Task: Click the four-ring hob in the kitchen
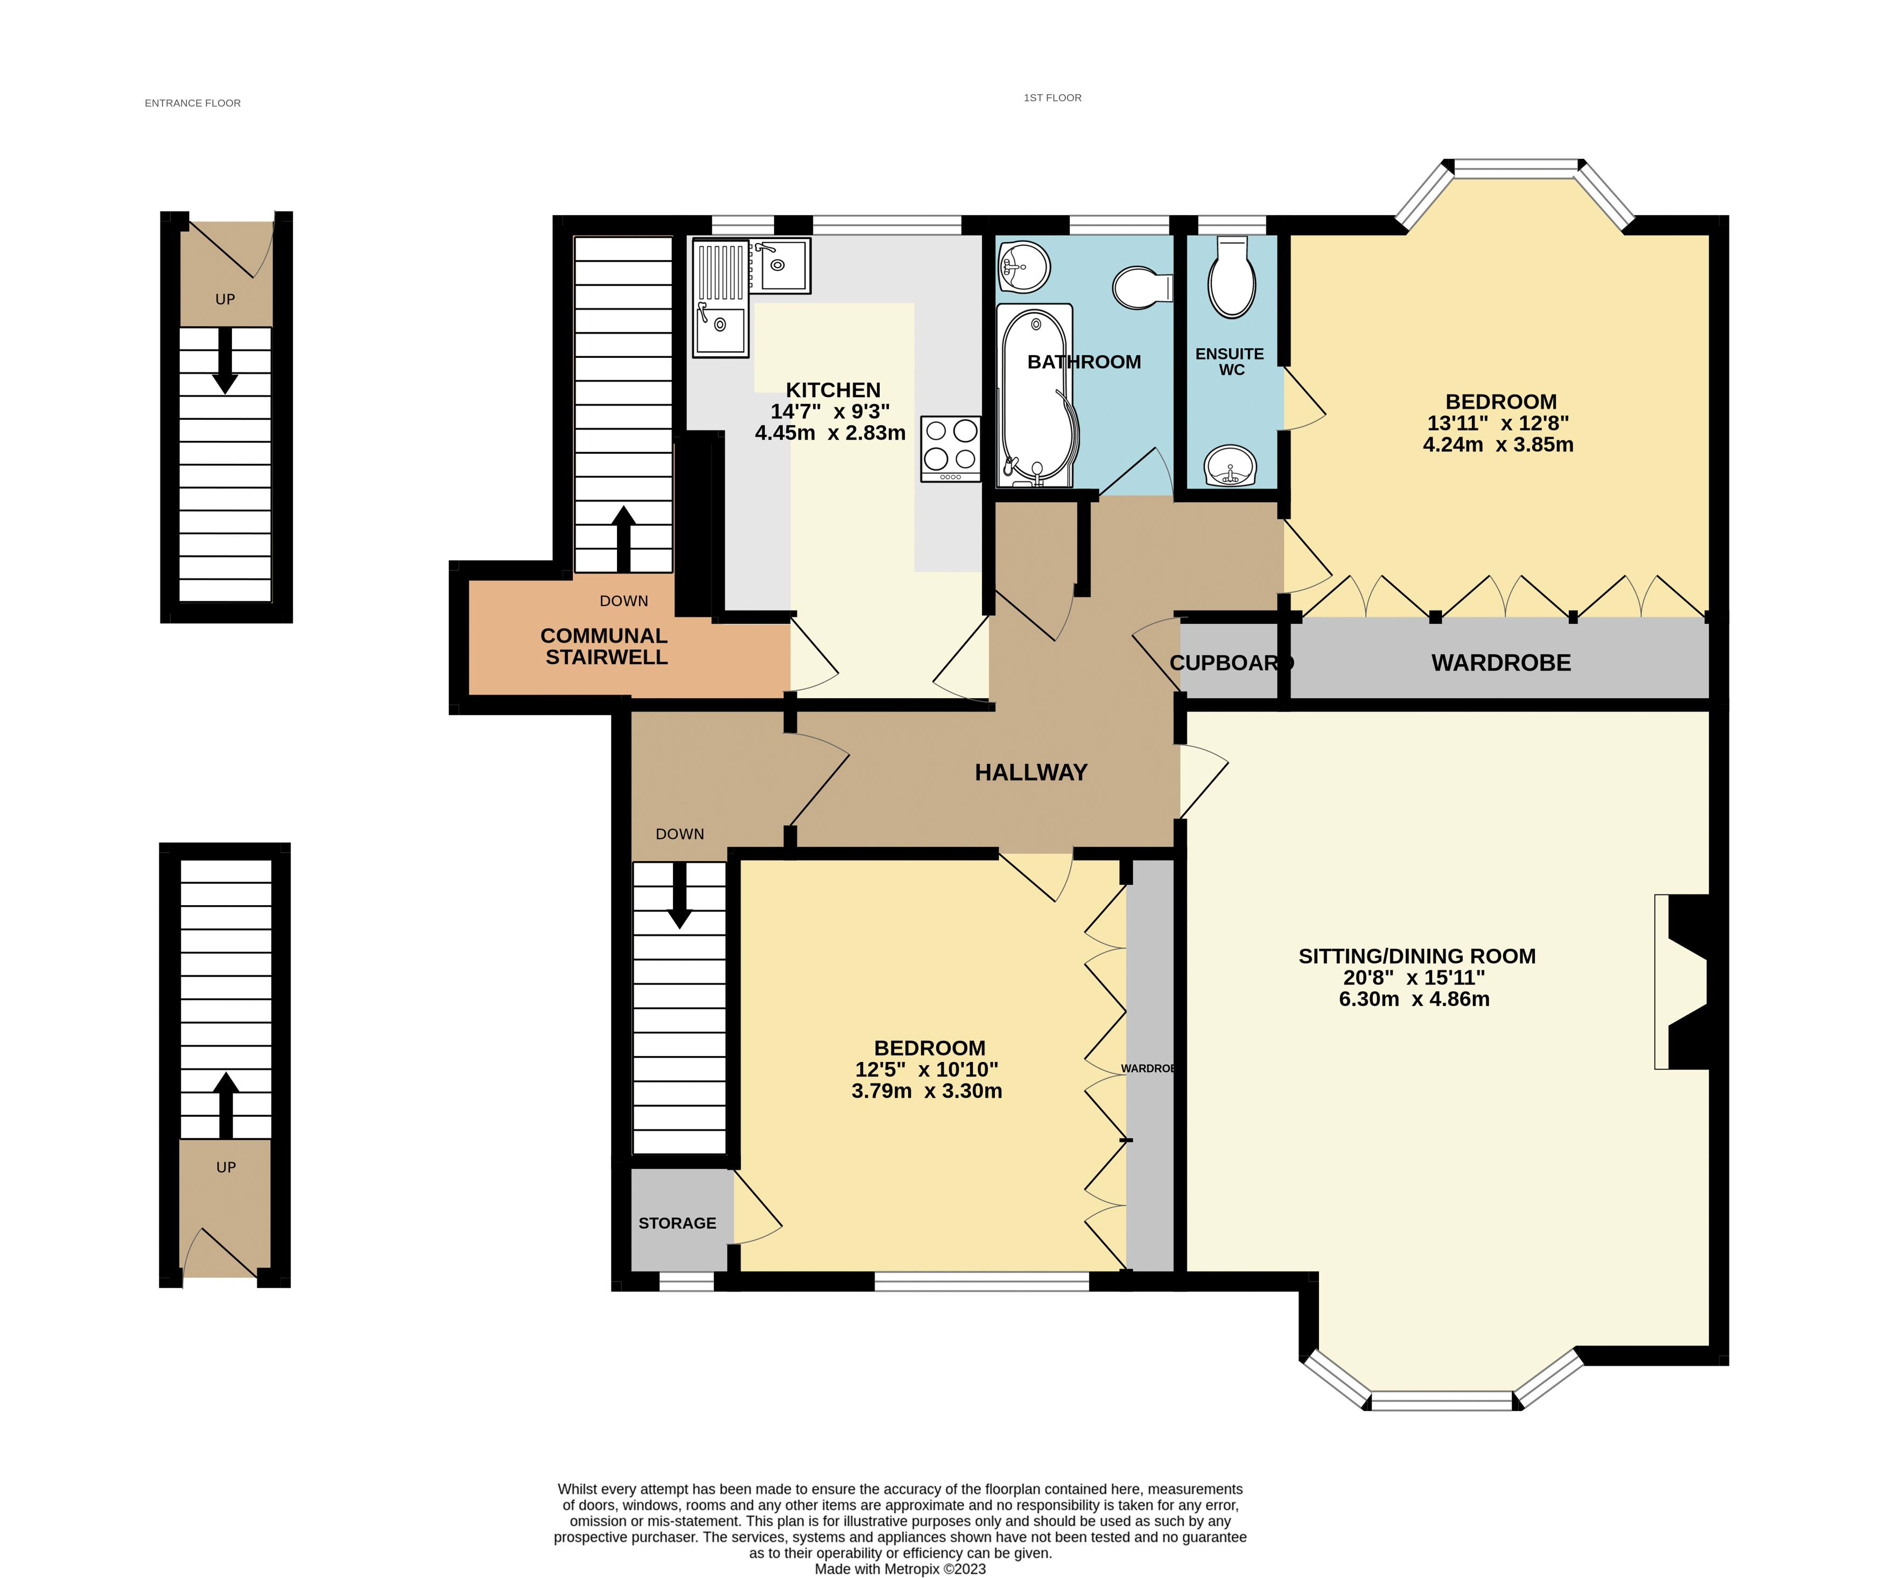tap(950, 448)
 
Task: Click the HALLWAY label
tap(1031, 772)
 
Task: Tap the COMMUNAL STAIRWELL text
tap(604, 646)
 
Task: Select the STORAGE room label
tap(677, 1223)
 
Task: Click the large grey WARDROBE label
tap(1500, 663)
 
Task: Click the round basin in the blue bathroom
tap(1022, 266)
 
